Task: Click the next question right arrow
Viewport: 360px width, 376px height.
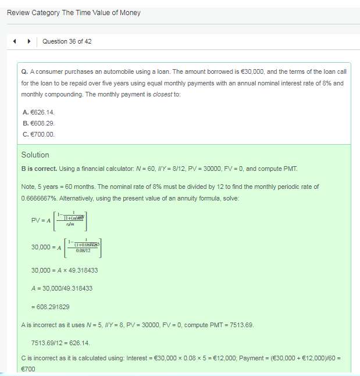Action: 27,41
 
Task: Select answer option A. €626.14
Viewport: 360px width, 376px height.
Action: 39,112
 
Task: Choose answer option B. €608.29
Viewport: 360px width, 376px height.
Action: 39,123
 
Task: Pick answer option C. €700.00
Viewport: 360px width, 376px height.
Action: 39,134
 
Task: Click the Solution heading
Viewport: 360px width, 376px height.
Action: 35,155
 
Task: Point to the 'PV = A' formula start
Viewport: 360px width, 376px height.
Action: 41,220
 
